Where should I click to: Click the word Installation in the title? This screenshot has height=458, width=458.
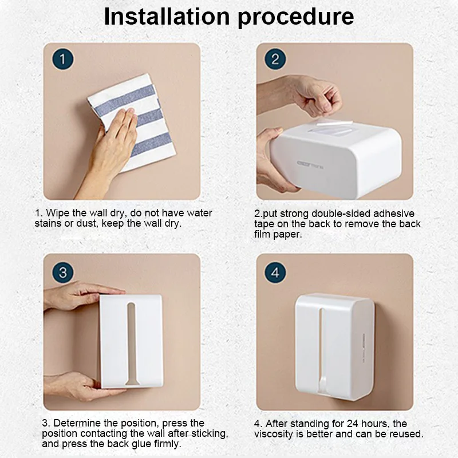click(167, 17)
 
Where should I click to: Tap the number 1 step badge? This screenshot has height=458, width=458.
click(63, 60)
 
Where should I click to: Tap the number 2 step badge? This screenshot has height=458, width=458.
click(275, 60)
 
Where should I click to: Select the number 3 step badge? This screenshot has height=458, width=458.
click(63, 273)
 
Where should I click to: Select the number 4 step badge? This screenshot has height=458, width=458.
click(275, 273)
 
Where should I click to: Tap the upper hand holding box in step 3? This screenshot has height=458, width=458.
click(74, 295)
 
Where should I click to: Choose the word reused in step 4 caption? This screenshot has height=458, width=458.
click(405, 434)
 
